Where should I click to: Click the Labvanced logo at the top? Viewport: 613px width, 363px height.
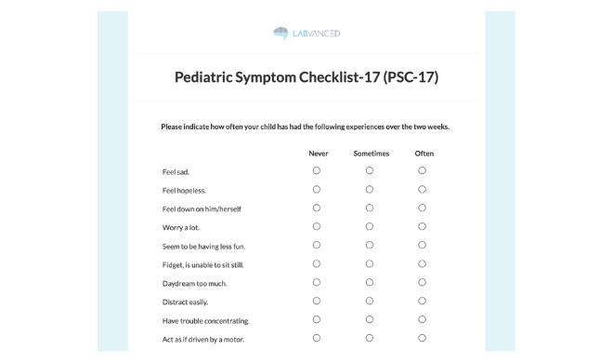306,34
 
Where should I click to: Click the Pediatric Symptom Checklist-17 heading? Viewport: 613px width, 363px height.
306,77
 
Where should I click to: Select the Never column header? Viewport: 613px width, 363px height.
318,154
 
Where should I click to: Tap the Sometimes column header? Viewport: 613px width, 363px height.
371,154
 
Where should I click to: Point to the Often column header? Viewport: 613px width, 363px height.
424,154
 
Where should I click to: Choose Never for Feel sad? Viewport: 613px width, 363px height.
317,170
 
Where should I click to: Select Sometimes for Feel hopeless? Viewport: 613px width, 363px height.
370,189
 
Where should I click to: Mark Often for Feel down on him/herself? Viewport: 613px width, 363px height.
423,208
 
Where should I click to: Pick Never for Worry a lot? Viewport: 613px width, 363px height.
317,226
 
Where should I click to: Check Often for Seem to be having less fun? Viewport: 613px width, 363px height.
423,245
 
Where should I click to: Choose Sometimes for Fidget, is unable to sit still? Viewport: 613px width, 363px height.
370,263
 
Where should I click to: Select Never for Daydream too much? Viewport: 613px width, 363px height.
317,282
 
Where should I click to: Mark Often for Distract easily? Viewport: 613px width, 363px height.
423,301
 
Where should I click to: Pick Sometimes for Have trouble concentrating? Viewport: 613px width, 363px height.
370,319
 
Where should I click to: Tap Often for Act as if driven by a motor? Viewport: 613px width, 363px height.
423,338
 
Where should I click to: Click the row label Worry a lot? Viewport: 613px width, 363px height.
181,228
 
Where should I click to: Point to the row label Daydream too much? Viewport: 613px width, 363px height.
194,284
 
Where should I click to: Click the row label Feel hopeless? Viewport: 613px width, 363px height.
184,191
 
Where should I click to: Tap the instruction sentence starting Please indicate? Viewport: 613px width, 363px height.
305,127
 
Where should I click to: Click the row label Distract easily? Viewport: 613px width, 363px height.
185,302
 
